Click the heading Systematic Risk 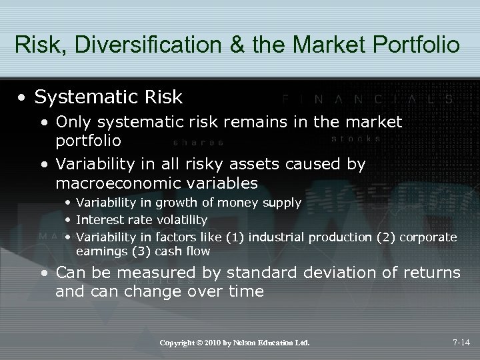point(108,97)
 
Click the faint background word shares point(198,142)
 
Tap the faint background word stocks point(356,139)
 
